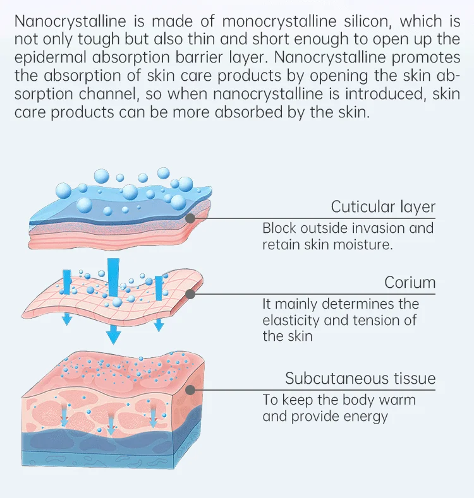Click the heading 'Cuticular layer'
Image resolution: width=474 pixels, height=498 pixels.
pyautogui.click(x=383, y=207)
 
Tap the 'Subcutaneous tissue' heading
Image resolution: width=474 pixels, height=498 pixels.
pyautogui.click(x=360, y=379)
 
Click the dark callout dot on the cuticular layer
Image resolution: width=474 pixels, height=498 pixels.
pyautogui.click(x=190, y=218)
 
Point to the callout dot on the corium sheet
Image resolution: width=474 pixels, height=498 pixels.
pyautogui.click(x=190, y=293)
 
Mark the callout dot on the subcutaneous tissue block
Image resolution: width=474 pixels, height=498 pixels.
pyautogui.click(x=190, y=389)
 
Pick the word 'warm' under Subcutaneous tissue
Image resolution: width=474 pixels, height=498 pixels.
pyautogui.click(x=398, y=400)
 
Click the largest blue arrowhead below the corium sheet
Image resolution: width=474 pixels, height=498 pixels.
pyautogui.click(x=113, y=336)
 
